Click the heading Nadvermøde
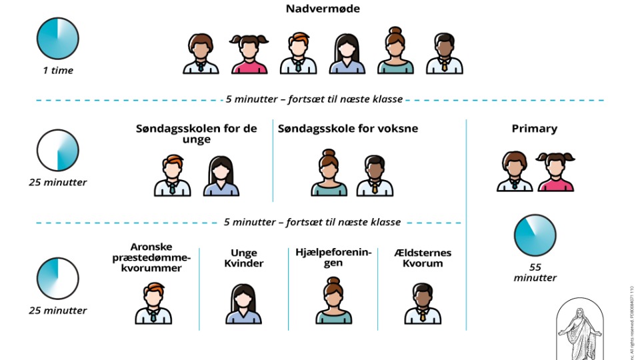coord(323,9)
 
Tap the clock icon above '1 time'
coord(57,38)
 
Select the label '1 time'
coord(57,71)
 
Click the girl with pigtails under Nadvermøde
coord(249,53)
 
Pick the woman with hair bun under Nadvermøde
coord(395,51)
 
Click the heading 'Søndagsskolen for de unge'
coord(196,134)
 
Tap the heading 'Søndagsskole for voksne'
coord(348,128)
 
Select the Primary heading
coord(534,129)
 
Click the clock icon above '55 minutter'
coord(535,235)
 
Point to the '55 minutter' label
coord(535,272)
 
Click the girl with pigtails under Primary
coord(556,172)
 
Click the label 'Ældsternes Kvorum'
coord(423,258)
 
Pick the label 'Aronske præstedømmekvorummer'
coord(151,257)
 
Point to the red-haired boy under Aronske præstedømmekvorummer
coord(153,304)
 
